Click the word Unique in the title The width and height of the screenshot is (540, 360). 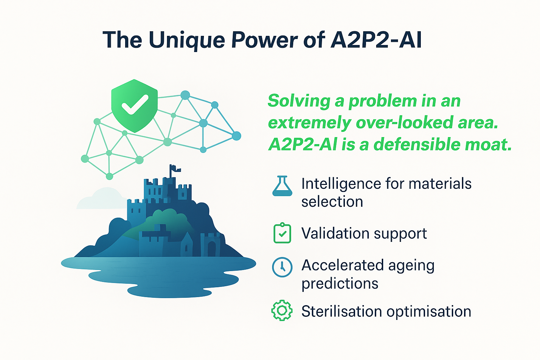[187, 40]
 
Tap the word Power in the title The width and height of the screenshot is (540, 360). [264, 40]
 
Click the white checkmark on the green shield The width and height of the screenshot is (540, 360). [134, 104]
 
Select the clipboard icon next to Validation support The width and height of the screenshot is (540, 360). [282, 233]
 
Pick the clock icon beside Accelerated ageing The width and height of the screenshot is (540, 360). [282, 267]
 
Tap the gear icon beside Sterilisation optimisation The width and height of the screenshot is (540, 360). [282, 311]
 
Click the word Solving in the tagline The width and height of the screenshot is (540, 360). [299, 101]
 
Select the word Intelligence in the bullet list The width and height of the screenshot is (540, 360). [341, 184]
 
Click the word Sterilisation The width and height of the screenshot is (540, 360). [341, 311]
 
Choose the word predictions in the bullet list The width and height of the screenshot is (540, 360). [340, 284]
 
